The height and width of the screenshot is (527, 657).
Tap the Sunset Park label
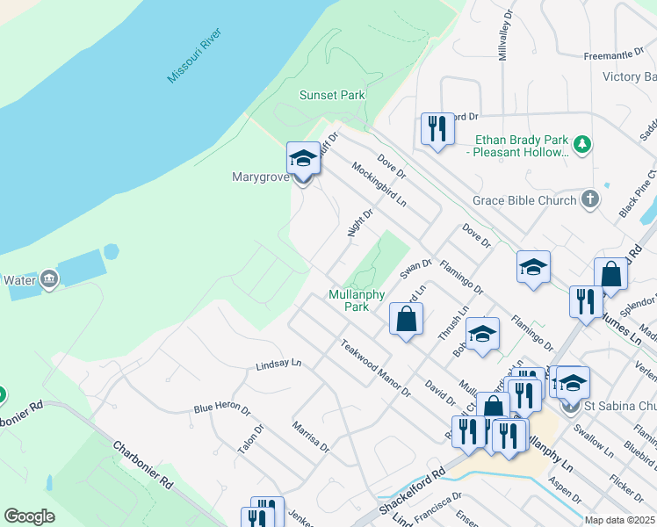(332, 95)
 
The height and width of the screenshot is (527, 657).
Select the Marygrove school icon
(303, 158)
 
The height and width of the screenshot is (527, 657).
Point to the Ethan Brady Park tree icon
(581, 142)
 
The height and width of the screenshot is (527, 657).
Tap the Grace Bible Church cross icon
(589, 200)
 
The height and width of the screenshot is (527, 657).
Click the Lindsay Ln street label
(278, 364)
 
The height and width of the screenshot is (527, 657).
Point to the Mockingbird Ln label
(379, 184)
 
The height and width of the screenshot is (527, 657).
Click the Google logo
(29, 516)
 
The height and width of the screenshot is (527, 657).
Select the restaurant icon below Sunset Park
(436, 128)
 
